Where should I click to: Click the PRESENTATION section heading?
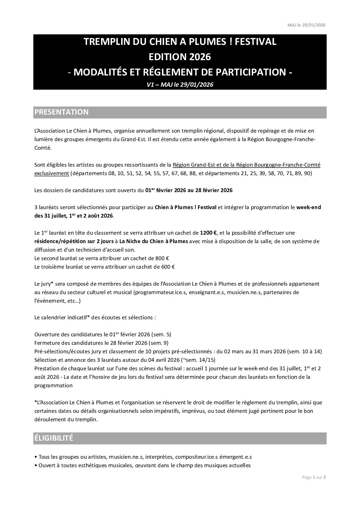click(62, 112)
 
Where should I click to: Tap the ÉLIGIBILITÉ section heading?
click(54, 438)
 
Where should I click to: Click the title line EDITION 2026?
click(180, 57)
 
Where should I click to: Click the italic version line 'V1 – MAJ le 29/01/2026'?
click(180, 85)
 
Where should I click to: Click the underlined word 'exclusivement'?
click(52, 173)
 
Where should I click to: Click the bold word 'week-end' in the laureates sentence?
click(309, 207)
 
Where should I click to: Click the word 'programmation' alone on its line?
click(53, 385)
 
